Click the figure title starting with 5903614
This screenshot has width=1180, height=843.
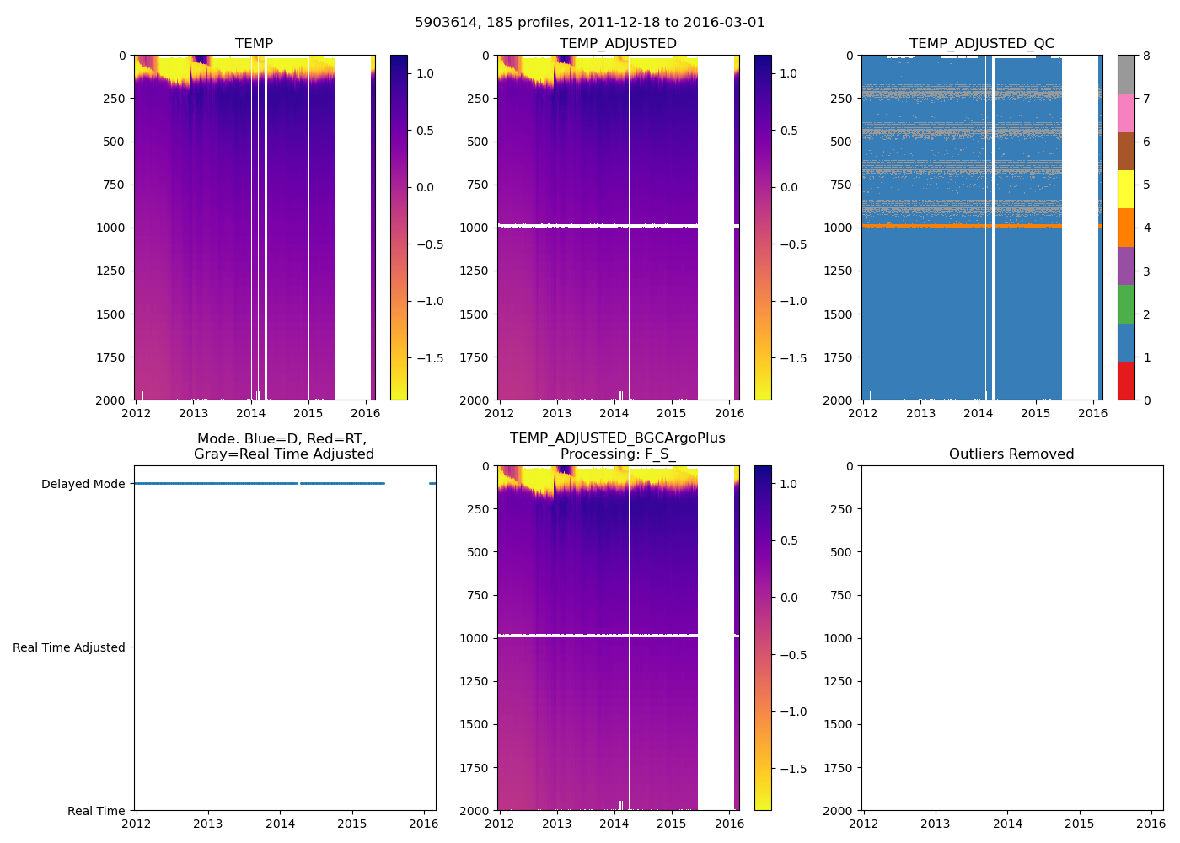point(590,23)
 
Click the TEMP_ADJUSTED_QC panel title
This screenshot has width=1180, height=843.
point(981,44)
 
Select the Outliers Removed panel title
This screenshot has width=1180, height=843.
point(1011,454)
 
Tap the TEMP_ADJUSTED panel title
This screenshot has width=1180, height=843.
point(618,44)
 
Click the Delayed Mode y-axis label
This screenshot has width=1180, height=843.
point(83,484)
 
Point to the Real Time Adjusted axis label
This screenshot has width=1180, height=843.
point(69,647)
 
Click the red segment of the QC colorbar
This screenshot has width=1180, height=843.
point(1125,381)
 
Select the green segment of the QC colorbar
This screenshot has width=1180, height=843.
point(1125,304)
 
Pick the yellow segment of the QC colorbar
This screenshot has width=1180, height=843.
point(1125,190)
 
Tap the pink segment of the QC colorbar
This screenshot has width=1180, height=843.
point(1125,113)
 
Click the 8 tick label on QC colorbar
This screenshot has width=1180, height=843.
point(1147,56)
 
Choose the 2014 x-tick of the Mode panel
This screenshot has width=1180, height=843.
point(280,824)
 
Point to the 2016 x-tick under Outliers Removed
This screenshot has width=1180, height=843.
point(1150,824)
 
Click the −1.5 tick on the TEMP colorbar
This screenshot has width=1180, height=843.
point(430,358)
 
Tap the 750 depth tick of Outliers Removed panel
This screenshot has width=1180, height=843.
point(841,595)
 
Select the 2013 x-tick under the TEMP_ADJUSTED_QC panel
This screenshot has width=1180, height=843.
point(920,413)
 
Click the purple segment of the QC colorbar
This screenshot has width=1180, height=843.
point(1125,266)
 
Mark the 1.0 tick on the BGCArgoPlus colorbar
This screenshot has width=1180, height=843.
point(789,484)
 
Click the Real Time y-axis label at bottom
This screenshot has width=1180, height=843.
point(96,811)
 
